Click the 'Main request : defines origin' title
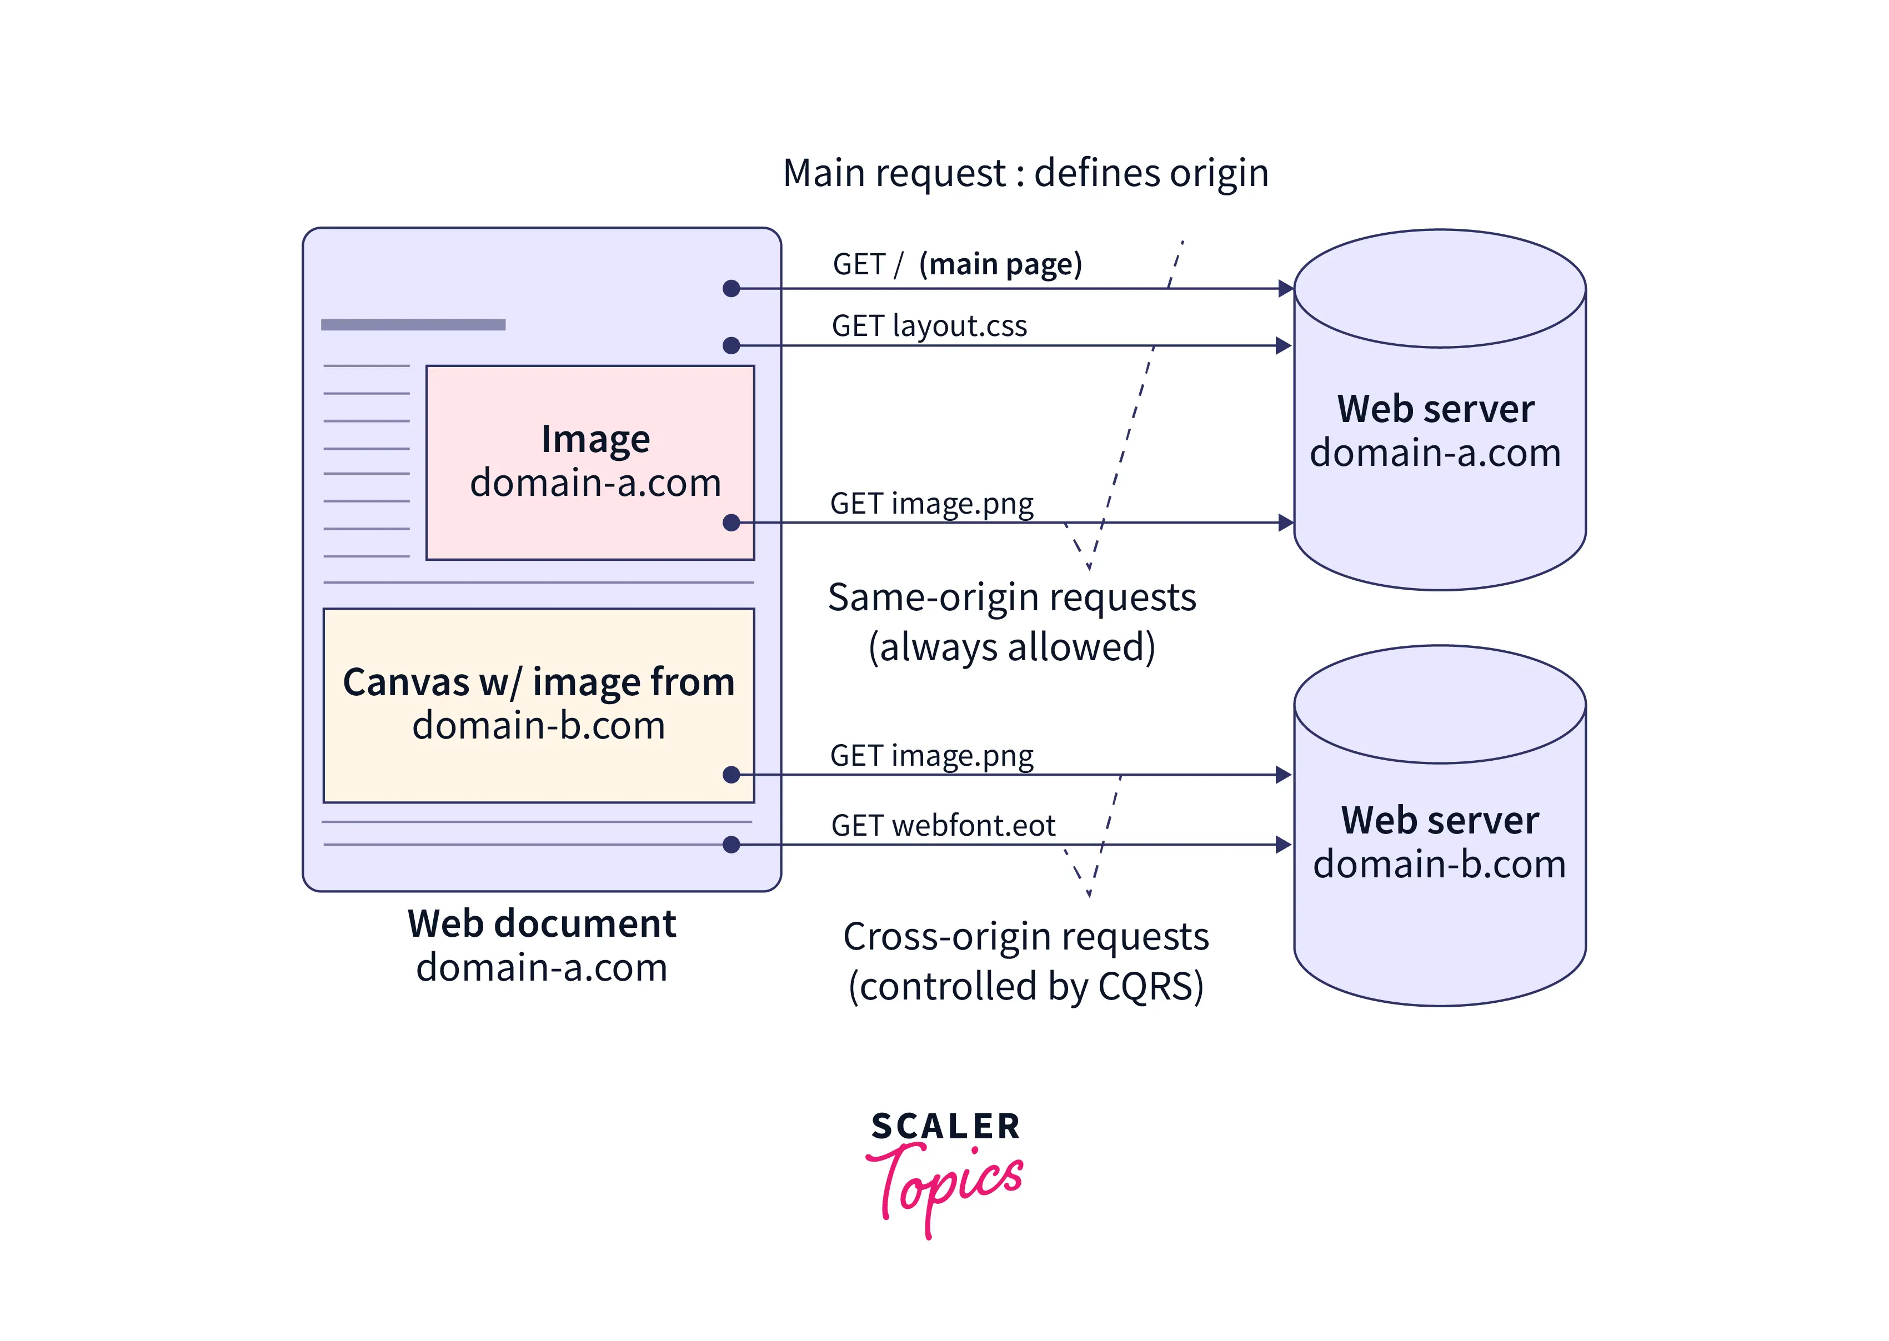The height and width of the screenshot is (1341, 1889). coord(1025,173)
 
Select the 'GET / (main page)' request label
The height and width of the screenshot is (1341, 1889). coord(956,264)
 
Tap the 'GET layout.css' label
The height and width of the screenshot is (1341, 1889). coord(929,325)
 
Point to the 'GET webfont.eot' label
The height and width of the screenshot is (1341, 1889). coord(943,825)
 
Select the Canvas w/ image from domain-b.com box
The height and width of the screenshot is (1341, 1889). coord(539,704)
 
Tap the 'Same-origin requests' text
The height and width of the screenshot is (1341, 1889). coord(1012,597)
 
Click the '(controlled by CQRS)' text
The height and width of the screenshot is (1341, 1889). coord(1026,986)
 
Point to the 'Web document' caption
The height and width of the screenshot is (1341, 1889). coord(542,923)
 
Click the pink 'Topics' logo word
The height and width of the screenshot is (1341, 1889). coord(946,1185)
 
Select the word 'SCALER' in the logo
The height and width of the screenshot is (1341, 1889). coord(946,1126)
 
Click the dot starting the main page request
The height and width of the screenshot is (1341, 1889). coord(731,288)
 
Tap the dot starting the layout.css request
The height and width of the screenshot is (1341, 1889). coord(731,345)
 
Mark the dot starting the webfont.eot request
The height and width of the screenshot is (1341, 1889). coord(731,844)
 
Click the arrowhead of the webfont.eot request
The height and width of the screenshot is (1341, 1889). coord(1284,844)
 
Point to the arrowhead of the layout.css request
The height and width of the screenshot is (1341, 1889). coord(1284,345)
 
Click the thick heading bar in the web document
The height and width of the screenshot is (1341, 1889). coord(413,324)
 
